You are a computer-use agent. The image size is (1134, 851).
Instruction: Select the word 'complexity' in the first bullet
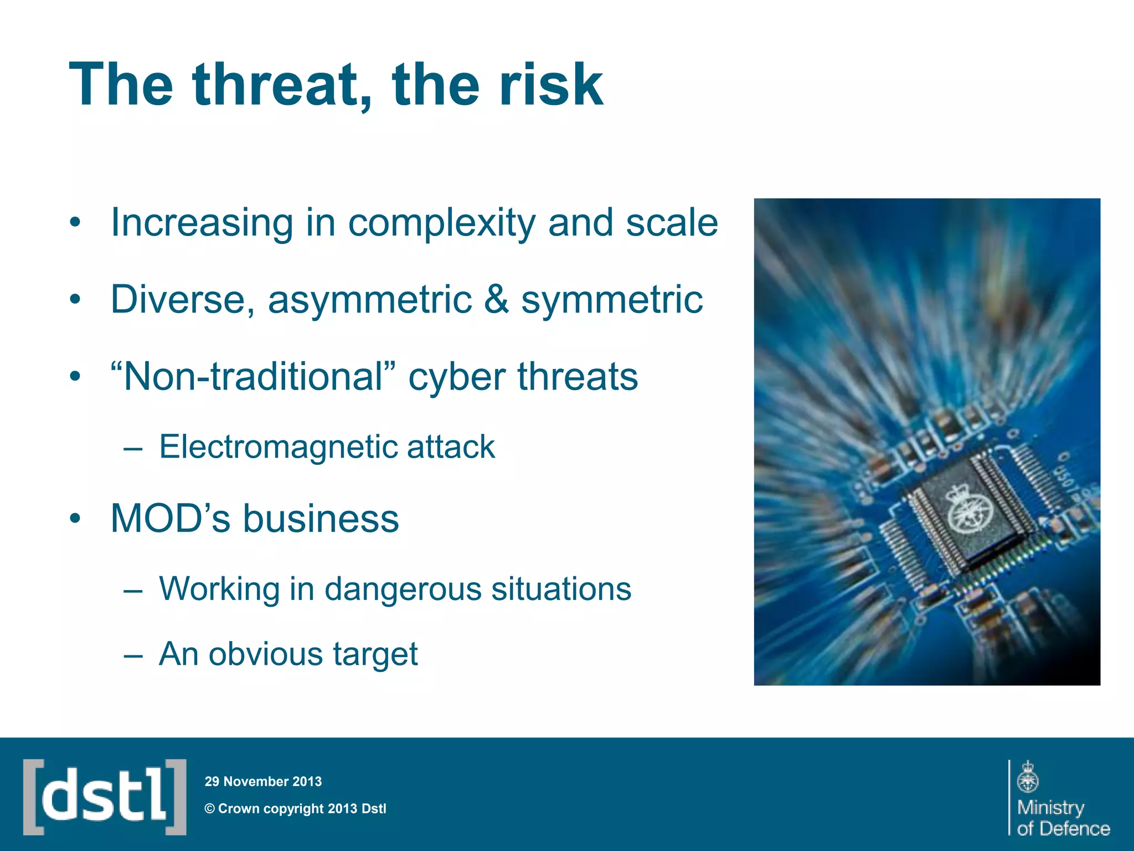pos(441,223)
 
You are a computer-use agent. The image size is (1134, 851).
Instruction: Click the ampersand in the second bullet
pos(496,299)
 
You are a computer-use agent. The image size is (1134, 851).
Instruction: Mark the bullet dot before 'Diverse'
pos(75,300)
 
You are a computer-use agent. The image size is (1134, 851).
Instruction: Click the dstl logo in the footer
pos(104,797)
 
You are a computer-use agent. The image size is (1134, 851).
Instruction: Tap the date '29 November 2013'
pos(263,782)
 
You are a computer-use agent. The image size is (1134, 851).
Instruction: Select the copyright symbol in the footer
pos(210,809)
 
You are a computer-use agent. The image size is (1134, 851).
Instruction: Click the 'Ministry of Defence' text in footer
pos(1063,818)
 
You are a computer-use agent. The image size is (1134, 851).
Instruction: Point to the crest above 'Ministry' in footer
pos(1028,777)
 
